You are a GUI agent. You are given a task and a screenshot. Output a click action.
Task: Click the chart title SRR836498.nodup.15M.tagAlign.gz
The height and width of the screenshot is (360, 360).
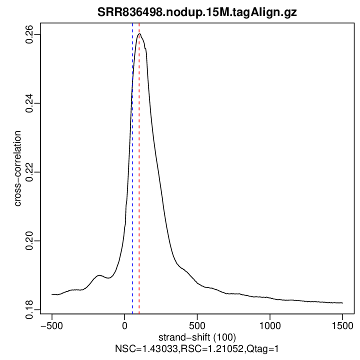tap(197, 13)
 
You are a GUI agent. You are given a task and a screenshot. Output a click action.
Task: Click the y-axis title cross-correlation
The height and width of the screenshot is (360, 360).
tap(17, 168)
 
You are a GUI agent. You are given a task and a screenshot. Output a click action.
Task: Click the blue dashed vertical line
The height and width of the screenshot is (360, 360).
tap(132, 165)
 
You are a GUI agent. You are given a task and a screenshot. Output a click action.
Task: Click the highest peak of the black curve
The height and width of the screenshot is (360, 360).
tap(140, 34)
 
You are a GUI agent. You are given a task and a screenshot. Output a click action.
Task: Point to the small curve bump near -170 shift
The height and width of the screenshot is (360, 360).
tap(99, 275)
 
